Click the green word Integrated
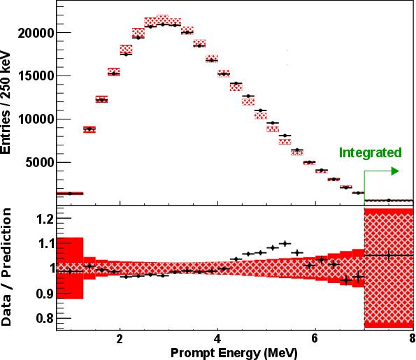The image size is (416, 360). coord(371,152)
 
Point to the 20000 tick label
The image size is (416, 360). coord(34,33)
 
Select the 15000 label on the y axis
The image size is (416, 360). coord(34,76)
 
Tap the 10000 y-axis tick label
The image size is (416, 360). coord(34,120)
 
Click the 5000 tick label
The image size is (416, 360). coord(37,163)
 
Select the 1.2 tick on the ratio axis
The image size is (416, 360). coord(43,219)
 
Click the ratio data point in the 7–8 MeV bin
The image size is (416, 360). coord(389,255)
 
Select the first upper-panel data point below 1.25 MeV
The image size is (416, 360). coord(69,193)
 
